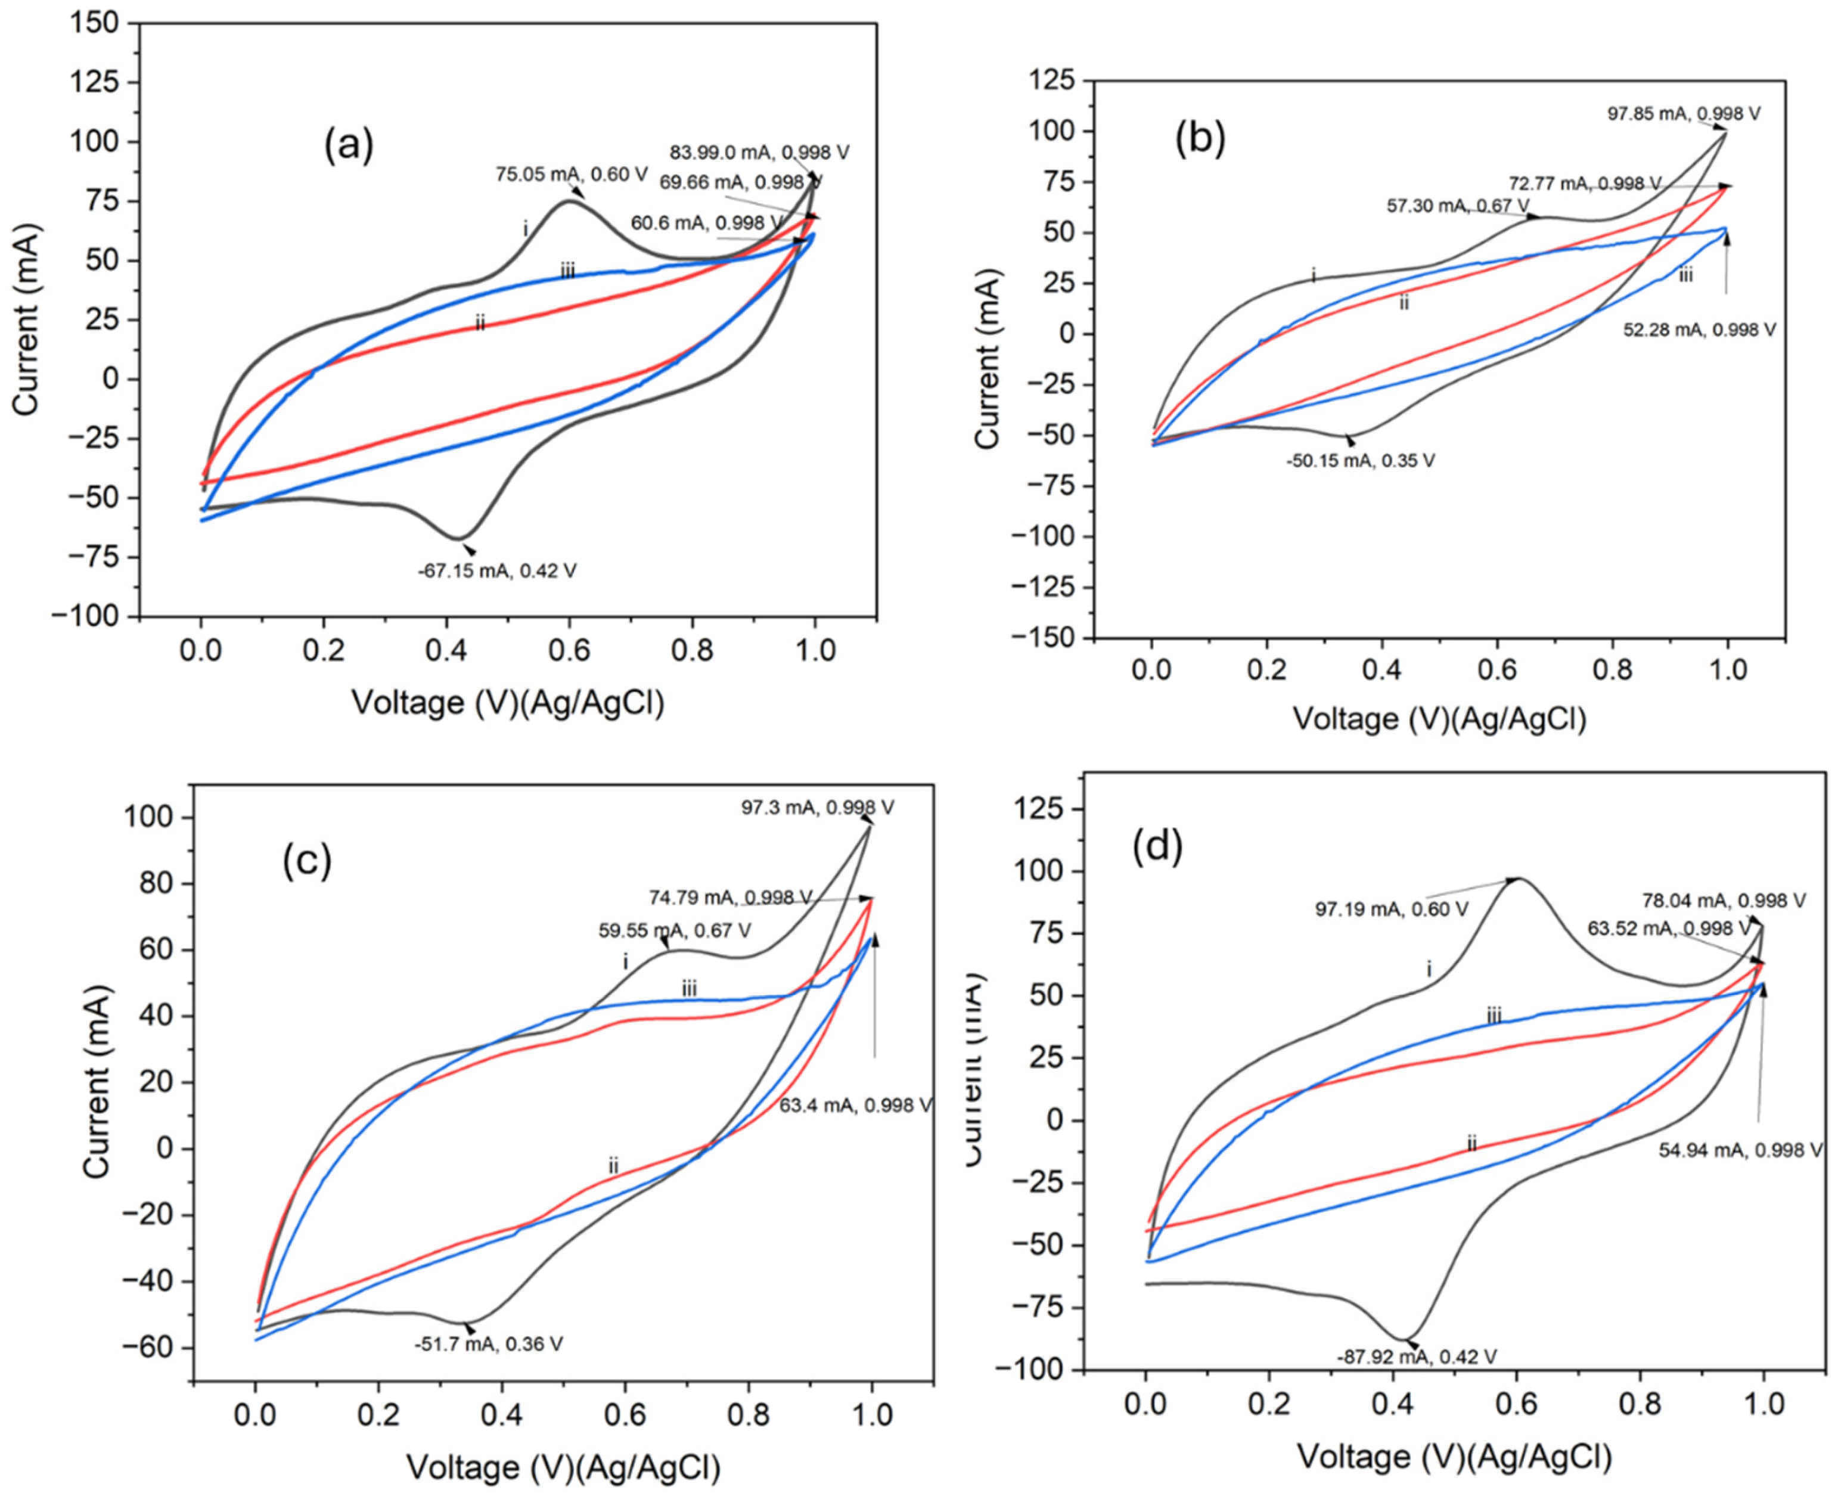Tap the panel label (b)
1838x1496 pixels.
1200,139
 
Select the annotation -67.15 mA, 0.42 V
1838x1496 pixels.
497,570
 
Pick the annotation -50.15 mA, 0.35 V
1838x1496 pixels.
1361,461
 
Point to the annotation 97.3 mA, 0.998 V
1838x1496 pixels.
818,808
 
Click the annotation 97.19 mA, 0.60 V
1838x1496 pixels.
1391,909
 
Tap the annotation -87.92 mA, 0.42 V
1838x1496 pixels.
1417,1357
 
